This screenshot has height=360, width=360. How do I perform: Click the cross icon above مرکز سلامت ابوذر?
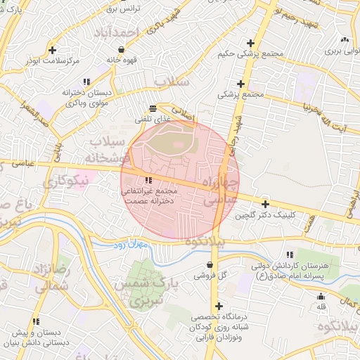(53, 50)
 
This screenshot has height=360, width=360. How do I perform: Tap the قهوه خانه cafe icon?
(123, 50)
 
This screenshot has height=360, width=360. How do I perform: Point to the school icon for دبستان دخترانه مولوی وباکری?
(86, 82)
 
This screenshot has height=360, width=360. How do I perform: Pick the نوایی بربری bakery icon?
(345, 39)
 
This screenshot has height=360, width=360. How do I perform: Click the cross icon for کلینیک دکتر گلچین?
(264, 203)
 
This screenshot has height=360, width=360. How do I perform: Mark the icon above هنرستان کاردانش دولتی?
(290, 255)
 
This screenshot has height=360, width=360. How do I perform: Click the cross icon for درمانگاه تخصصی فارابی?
(220, 306)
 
